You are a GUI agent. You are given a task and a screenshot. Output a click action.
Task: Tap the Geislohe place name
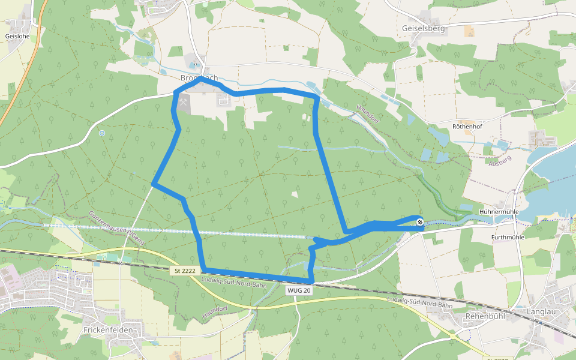click(x=17, y=36)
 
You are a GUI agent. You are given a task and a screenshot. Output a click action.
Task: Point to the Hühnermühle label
click(x=499, y=212)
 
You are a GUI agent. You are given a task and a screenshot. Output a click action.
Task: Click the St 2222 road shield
click(x=185, y=271)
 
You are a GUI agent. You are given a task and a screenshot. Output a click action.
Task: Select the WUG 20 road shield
click(x=299, y=290)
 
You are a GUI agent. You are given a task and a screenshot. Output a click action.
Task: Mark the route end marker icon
click(x=420, y=223)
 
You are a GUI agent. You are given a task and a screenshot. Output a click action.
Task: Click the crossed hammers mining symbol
click(x=183, y=102)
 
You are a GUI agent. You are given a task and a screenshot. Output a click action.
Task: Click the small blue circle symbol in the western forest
click(x=102, y=133)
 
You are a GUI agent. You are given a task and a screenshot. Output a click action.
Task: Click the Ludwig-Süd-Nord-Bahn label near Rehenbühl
click(x=419, y=304)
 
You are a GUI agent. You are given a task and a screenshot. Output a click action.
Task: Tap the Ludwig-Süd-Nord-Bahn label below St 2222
click(x=234, y=281)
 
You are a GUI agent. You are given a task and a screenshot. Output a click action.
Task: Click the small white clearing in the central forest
click(x=295, y=194)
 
